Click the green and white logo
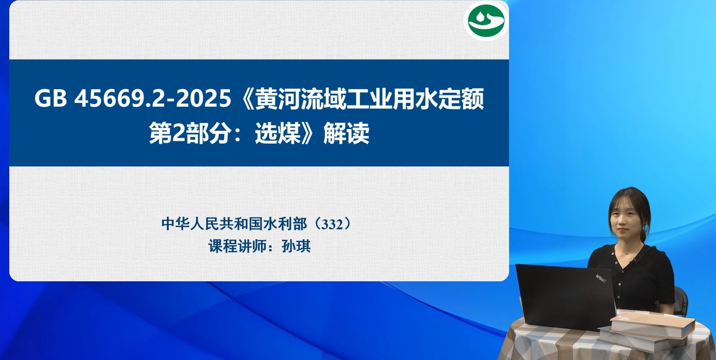[486, 21]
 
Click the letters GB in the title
[50, 98]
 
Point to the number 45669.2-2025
[152, 98]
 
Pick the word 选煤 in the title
[278, 133]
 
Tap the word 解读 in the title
[346, 133]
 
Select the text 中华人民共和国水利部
[234, 224]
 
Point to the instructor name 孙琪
[296, 246]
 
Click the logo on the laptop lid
[601, 278]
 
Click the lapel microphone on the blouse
[635, 260]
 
